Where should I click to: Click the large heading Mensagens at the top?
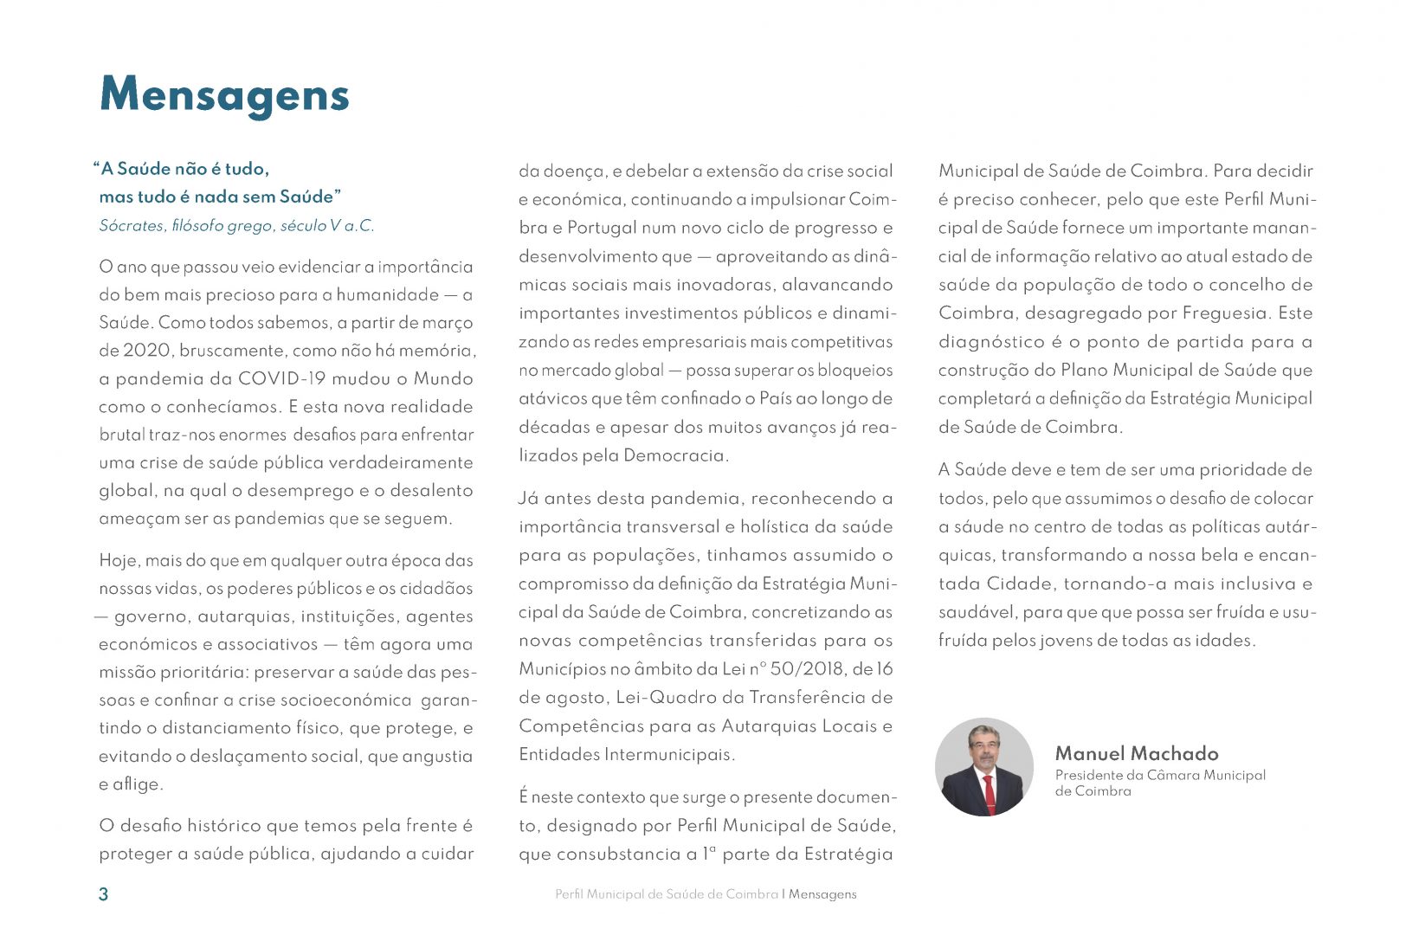click(224, 95)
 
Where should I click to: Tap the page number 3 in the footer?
click(103, 894)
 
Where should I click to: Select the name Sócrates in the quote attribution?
click(131, 226)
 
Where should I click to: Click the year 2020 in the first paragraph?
click(147, 351)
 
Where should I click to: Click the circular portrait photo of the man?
click(984, 767)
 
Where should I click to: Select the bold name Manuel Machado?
click(1137, 753)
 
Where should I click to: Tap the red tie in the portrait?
click(988, 791)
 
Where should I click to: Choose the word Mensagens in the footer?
click(822, 894)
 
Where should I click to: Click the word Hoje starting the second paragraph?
click(119, 561)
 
